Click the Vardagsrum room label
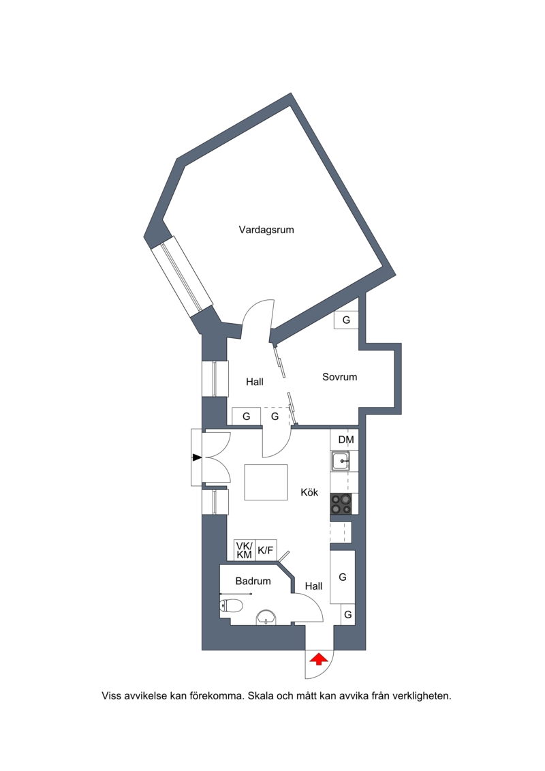coord(266,230)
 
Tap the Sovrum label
coord(339,377)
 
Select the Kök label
coord(309,492)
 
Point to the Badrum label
coord(253,581)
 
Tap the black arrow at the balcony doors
coord(197,458)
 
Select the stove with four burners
coord(341,504)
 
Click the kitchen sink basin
coord(340,462)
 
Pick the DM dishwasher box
coord(346,440)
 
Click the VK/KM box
coord(245,550)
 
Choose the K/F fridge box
coord(266,550)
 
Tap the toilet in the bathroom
coord(231,605)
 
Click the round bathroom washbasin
coord(266,617)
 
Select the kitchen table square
coord(266,483)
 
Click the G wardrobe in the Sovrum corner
coord(346,320)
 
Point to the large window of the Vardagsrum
coord(182,277)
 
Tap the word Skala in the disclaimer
coord(260,696)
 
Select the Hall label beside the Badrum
coord(313,586)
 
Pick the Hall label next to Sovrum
coord(255,382)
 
